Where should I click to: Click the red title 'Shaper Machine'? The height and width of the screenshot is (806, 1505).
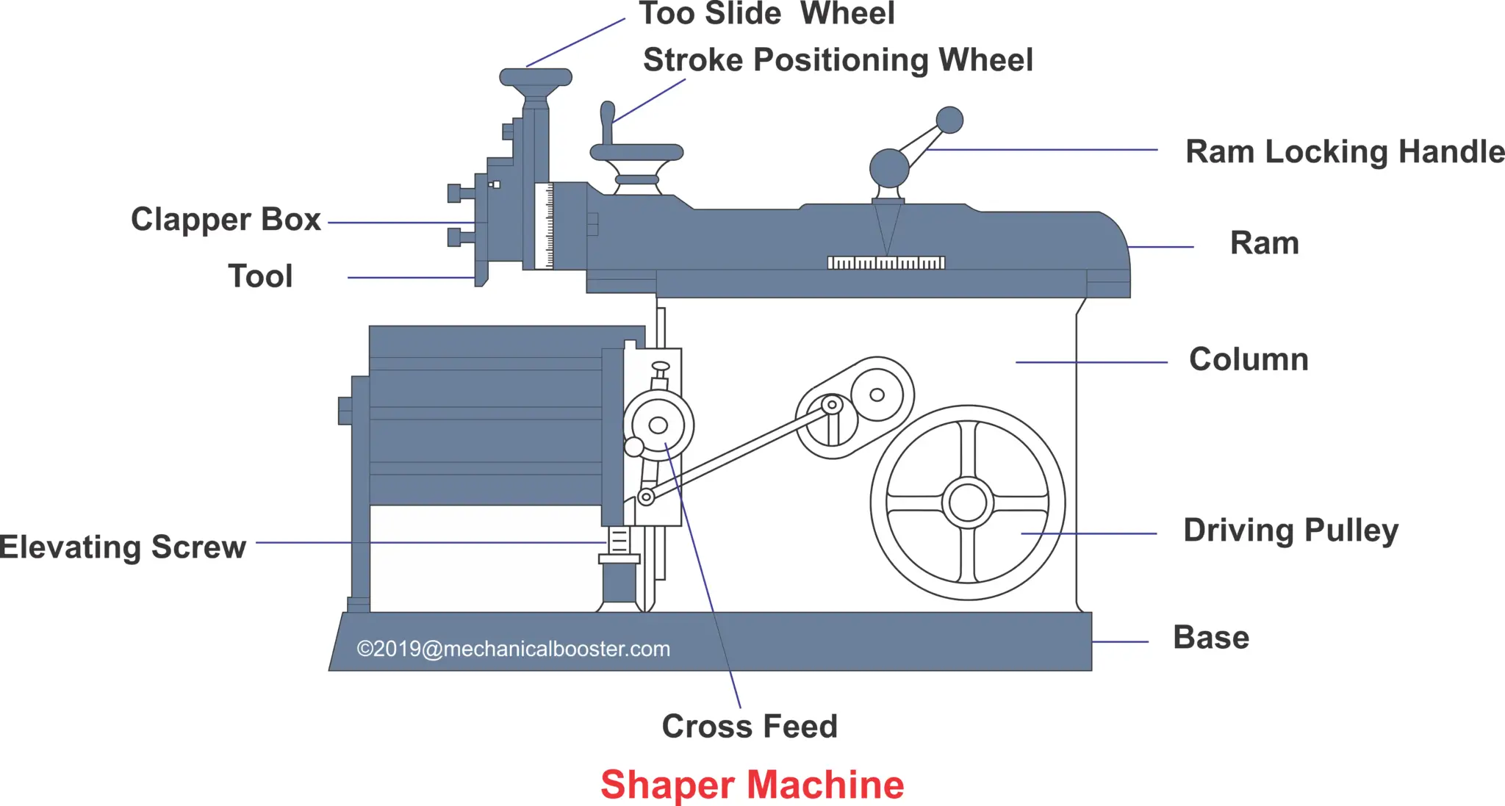pos(752,784)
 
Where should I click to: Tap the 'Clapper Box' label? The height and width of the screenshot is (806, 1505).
pos(226,219)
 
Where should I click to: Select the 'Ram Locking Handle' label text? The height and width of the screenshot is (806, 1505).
pos(1344,151)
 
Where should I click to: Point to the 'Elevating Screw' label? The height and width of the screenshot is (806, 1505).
pos(123,547)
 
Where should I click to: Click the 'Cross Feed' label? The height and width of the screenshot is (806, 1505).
pos(749,726)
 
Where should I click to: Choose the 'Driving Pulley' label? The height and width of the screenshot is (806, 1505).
pos(1290,530)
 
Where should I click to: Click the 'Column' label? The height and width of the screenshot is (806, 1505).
pos(1249,359)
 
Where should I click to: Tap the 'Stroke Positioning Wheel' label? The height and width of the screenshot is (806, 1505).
pos(838,60)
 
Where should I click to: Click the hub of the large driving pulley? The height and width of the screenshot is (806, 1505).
pos(967,503)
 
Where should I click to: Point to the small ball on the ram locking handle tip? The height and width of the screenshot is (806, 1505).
pos(949,120)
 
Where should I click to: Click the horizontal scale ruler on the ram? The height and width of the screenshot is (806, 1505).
pos(886,262)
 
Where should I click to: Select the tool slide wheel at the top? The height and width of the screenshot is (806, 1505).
pos(536,77)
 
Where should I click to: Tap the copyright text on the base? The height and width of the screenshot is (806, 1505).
pos(513,649)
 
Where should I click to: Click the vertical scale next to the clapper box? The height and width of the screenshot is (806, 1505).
pos(545,226)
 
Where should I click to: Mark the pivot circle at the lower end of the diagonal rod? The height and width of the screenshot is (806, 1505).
pos(646,497)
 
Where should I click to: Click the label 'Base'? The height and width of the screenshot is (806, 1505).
pos(1210,637)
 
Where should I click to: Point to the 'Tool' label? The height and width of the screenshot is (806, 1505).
pos(260,276)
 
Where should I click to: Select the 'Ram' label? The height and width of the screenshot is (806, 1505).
pos(1264,243)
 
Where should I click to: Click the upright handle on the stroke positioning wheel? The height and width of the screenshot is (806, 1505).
pos(607,121)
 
